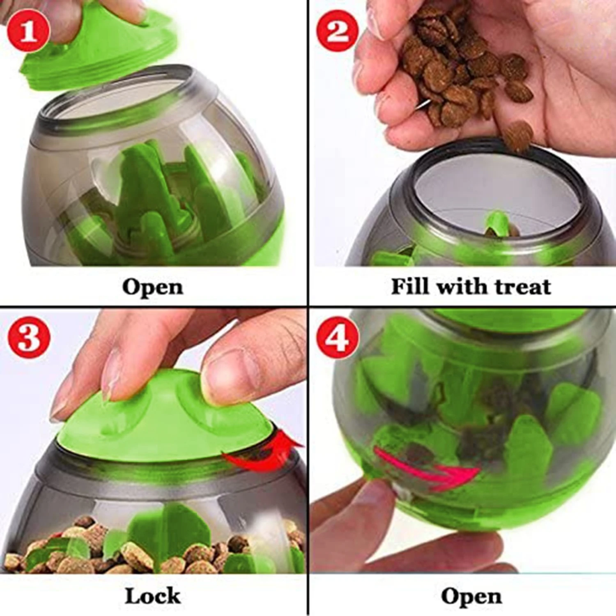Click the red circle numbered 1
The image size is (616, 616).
click(x=28, y=31)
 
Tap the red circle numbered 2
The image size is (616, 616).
click(x=337, y=31)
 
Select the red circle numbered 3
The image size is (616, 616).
click(x=28, y=336)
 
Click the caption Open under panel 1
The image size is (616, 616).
click(x=153, y=287)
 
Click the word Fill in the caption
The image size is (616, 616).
click(x=411, y=286)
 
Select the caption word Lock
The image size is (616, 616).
click(x=153, y=596)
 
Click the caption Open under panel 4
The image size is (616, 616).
click(x=471, y=597)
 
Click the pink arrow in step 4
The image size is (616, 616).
click(x=427, y=468)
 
